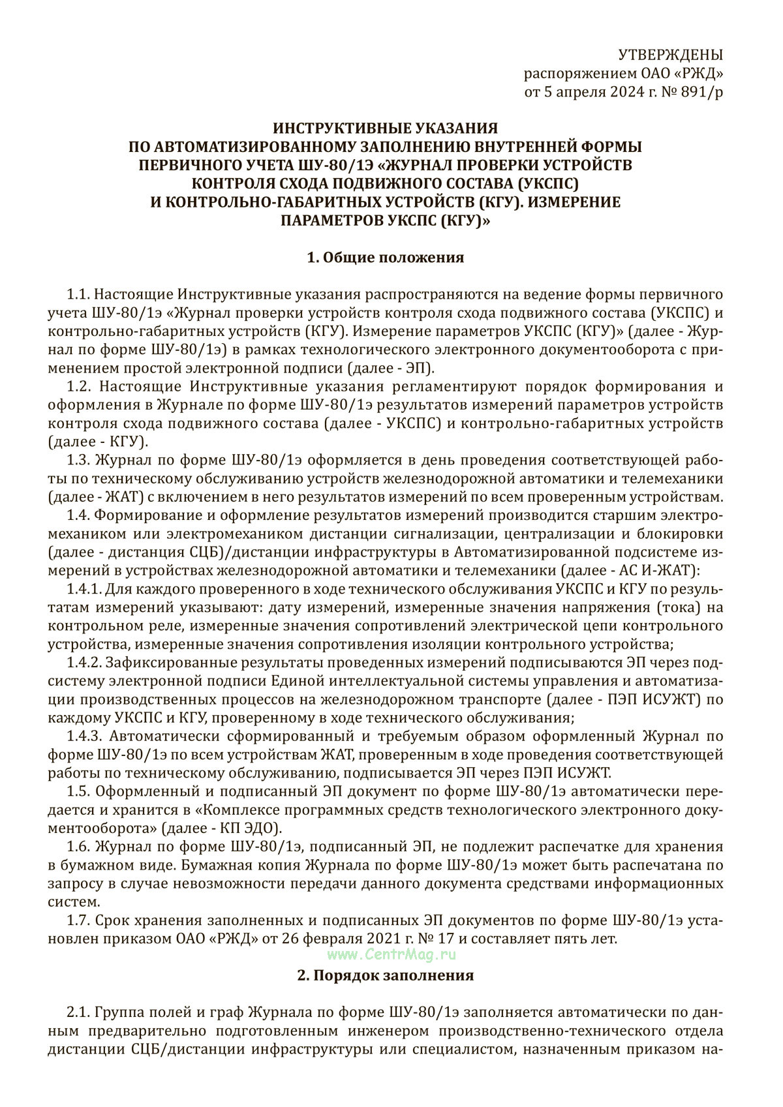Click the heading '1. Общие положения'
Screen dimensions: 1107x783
[385, 258]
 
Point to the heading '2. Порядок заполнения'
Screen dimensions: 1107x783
[385, 976]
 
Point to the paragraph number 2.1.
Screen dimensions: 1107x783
[79, 1013]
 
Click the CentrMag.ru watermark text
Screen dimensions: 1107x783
[391, 954]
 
